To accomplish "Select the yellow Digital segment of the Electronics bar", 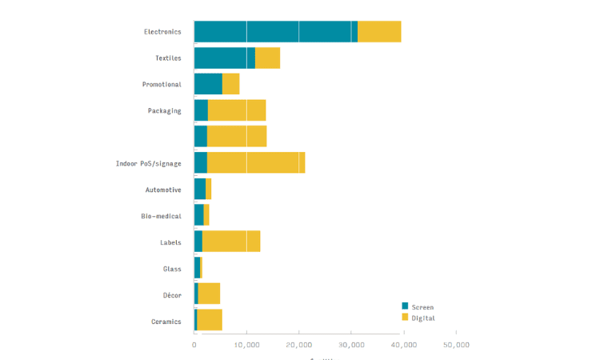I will [379, 32].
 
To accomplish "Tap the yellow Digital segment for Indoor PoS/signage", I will [256, 163].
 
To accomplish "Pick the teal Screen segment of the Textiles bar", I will [224, 58].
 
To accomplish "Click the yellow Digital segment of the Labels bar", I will [231, 242].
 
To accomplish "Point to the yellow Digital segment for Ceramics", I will [210, 321].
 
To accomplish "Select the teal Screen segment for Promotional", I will [208, 84].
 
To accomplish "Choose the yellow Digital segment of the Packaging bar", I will [237, 110].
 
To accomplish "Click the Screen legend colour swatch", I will [405, 306].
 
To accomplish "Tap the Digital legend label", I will [423, 318].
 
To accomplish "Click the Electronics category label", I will [162, 32].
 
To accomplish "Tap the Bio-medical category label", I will [161, 216].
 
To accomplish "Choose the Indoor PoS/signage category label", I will [149, 163].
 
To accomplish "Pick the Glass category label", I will [172, 269].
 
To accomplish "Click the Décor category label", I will [172, 295].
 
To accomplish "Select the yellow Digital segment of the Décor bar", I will [209, 294].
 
